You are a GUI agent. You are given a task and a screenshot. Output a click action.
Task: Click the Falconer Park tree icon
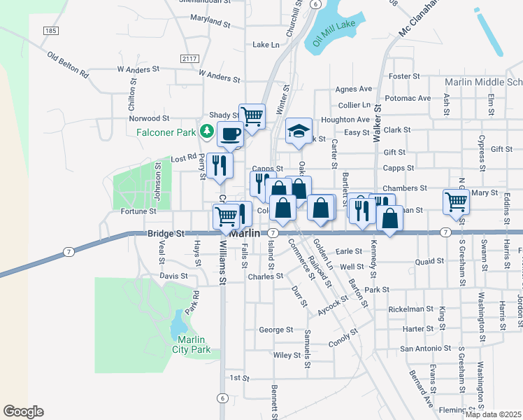[x=207, y=130]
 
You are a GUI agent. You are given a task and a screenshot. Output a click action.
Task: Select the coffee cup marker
[x=229, y=134]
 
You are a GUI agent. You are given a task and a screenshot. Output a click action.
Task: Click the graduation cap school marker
[x=299, y=131]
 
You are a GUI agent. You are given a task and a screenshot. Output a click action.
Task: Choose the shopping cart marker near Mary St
[x=456, y=202]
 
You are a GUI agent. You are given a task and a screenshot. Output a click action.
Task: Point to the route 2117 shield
[x=189, y=58]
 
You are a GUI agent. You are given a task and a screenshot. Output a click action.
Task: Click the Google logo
[x=23, y=412]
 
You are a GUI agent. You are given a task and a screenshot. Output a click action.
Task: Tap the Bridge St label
[x=166, y=233]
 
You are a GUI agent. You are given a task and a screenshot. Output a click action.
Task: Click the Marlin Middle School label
[x=483, y=82]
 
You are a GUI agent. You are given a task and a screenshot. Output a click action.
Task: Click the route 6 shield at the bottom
[x=222, y=398]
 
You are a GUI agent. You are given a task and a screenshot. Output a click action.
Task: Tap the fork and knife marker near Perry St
[x=221, y=165]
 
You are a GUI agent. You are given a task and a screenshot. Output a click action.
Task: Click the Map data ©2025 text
[x=493, y=414]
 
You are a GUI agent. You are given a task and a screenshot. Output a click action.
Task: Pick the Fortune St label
[x=138, y=211]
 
